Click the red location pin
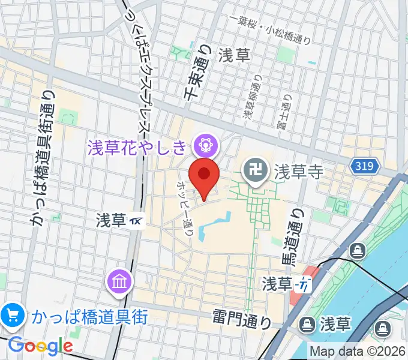pos(204,176)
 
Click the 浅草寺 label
pos(299,172)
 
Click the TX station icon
pos(137,221)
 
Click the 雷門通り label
pos(241,318)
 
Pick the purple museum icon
pos(118,280)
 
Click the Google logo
pos(40,345)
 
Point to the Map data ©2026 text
pos(358,351)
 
